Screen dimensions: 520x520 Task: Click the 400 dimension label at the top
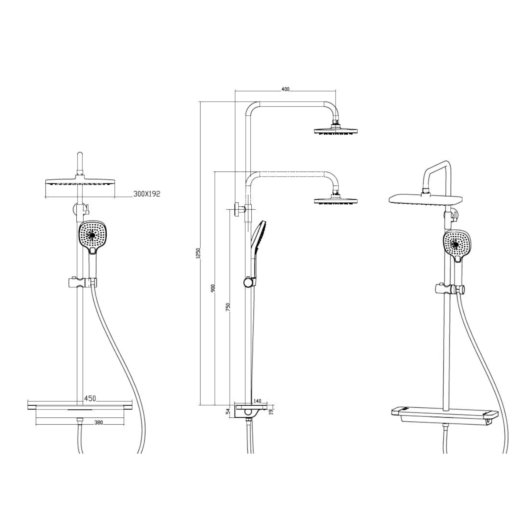(285, 89)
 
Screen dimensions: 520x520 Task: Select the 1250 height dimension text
(199, 253)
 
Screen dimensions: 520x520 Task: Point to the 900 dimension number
(214, 288)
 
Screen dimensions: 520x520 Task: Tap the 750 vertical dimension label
(228, 307)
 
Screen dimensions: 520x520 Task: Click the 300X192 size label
(147, 194)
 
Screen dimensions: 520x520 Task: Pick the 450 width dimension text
(90, 398)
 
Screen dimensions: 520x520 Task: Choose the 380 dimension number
(99, 423)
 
